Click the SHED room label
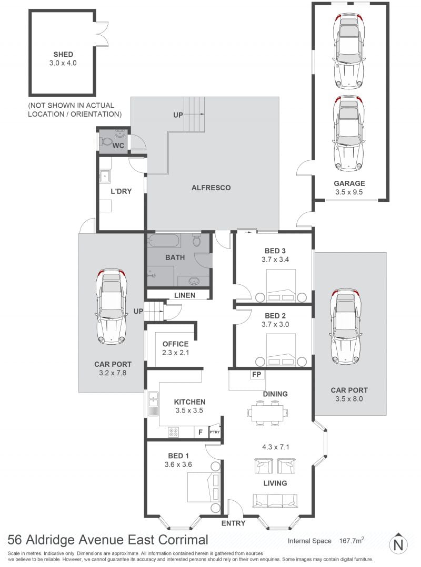[63, 54]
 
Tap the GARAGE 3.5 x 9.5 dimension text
[349, 192]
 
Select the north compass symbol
[398, 543]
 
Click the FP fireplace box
[257, 375]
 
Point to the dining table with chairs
[267, 412]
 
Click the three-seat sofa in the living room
[275, 501]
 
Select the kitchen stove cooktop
[173, 432]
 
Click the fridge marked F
[200, 432]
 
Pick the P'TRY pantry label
[215, 432]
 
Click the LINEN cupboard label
[185, 295]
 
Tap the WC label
[118, 146]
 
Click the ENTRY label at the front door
[234, 523]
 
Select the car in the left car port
[111, 306]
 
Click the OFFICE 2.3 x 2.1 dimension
[176, 353]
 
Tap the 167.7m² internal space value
[352, 541]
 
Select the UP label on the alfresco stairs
[178, 115]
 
